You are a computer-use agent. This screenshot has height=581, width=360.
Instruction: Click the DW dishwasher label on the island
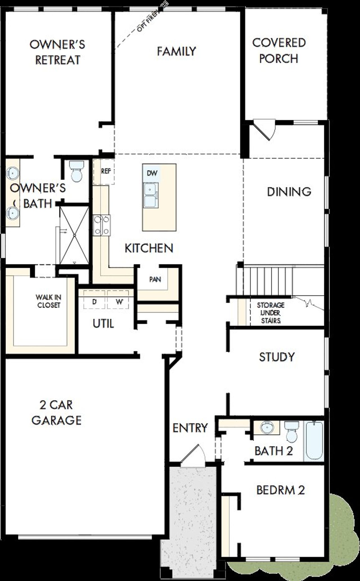152,173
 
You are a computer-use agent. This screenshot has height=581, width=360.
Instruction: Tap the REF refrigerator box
104,171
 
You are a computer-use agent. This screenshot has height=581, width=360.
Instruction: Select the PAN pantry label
155,279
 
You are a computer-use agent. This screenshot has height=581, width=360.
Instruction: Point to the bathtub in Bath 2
314,440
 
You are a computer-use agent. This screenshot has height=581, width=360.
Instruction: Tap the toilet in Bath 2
292,432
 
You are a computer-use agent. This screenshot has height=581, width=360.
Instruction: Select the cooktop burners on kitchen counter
102,225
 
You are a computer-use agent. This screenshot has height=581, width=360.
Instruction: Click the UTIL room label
103,324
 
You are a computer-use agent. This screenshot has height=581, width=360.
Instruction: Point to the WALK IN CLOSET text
48,301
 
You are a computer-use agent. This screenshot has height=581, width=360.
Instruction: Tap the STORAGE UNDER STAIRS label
271,313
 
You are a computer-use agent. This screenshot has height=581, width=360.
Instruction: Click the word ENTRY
190,428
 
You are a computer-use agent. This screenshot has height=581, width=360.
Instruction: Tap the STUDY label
277,357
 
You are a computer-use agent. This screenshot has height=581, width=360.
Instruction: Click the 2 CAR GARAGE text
56,412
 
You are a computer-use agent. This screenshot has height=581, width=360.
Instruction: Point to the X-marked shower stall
75,235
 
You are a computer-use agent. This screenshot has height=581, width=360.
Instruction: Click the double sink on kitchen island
151,195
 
